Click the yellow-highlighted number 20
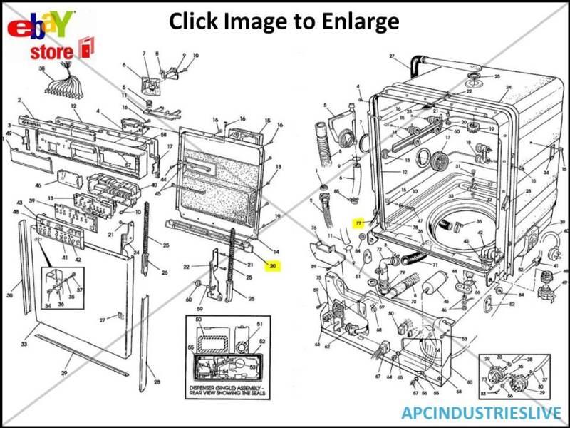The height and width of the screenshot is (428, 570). pos(272,265)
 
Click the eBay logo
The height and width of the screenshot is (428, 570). pos(41,26)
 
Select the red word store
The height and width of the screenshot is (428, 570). pos(51,52)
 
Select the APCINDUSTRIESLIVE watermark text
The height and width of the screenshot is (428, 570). pos(481,412)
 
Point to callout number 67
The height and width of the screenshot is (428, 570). pos(378,376)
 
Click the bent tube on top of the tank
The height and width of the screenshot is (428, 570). pos(420,66)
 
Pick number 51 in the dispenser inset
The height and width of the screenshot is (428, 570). pos(259,325)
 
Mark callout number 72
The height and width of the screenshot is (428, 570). pos(378,250)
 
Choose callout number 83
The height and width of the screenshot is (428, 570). pos(482,394)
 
